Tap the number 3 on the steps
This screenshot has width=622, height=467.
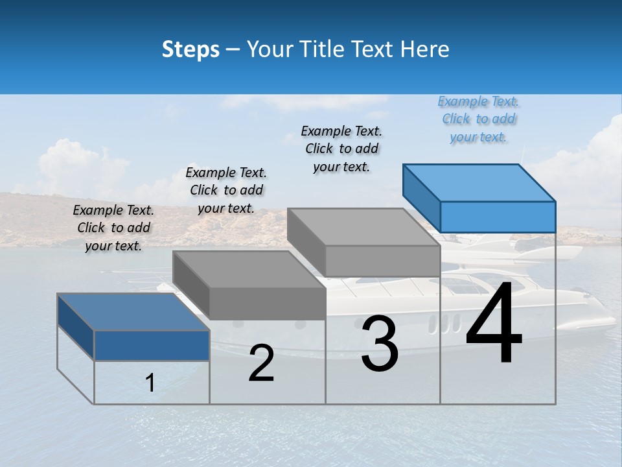coord(379,344)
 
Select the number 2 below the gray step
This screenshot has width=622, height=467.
coord(261,363)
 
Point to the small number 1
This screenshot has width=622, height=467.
coord(150,383)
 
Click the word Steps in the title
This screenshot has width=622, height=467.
coord(190,49)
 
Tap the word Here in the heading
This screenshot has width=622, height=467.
coord(425,49)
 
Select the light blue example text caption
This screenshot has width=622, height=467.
coord(479,119)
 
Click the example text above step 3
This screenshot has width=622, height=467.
coord(342,149)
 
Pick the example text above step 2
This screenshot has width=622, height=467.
coord(226,190)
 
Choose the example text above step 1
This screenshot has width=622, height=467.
coord(114,228)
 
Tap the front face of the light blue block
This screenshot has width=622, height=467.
coord(498,217)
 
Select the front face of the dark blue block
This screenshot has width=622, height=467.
coord(152,346)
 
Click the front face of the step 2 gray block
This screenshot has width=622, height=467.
coord(267,304)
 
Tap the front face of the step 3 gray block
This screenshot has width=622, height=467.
coord(382,261)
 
